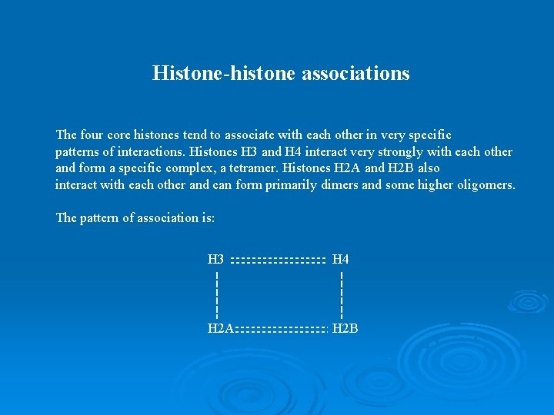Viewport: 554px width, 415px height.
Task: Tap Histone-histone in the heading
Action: click(x=219, y=73)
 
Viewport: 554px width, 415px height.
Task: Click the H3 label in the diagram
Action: click(x=216, y=260)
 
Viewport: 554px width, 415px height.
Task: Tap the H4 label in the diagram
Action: click(x=340, y=260)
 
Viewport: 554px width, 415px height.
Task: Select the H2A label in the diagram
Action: click(x=221, y=329)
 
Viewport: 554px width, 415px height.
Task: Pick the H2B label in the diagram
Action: click(x=345, y=329)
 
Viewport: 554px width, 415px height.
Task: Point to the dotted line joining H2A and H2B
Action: click(x=282, y=330)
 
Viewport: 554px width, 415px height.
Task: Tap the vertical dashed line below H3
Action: click(x=218, y=294)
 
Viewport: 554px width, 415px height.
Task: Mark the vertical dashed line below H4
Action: click(x=341, y=294)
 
